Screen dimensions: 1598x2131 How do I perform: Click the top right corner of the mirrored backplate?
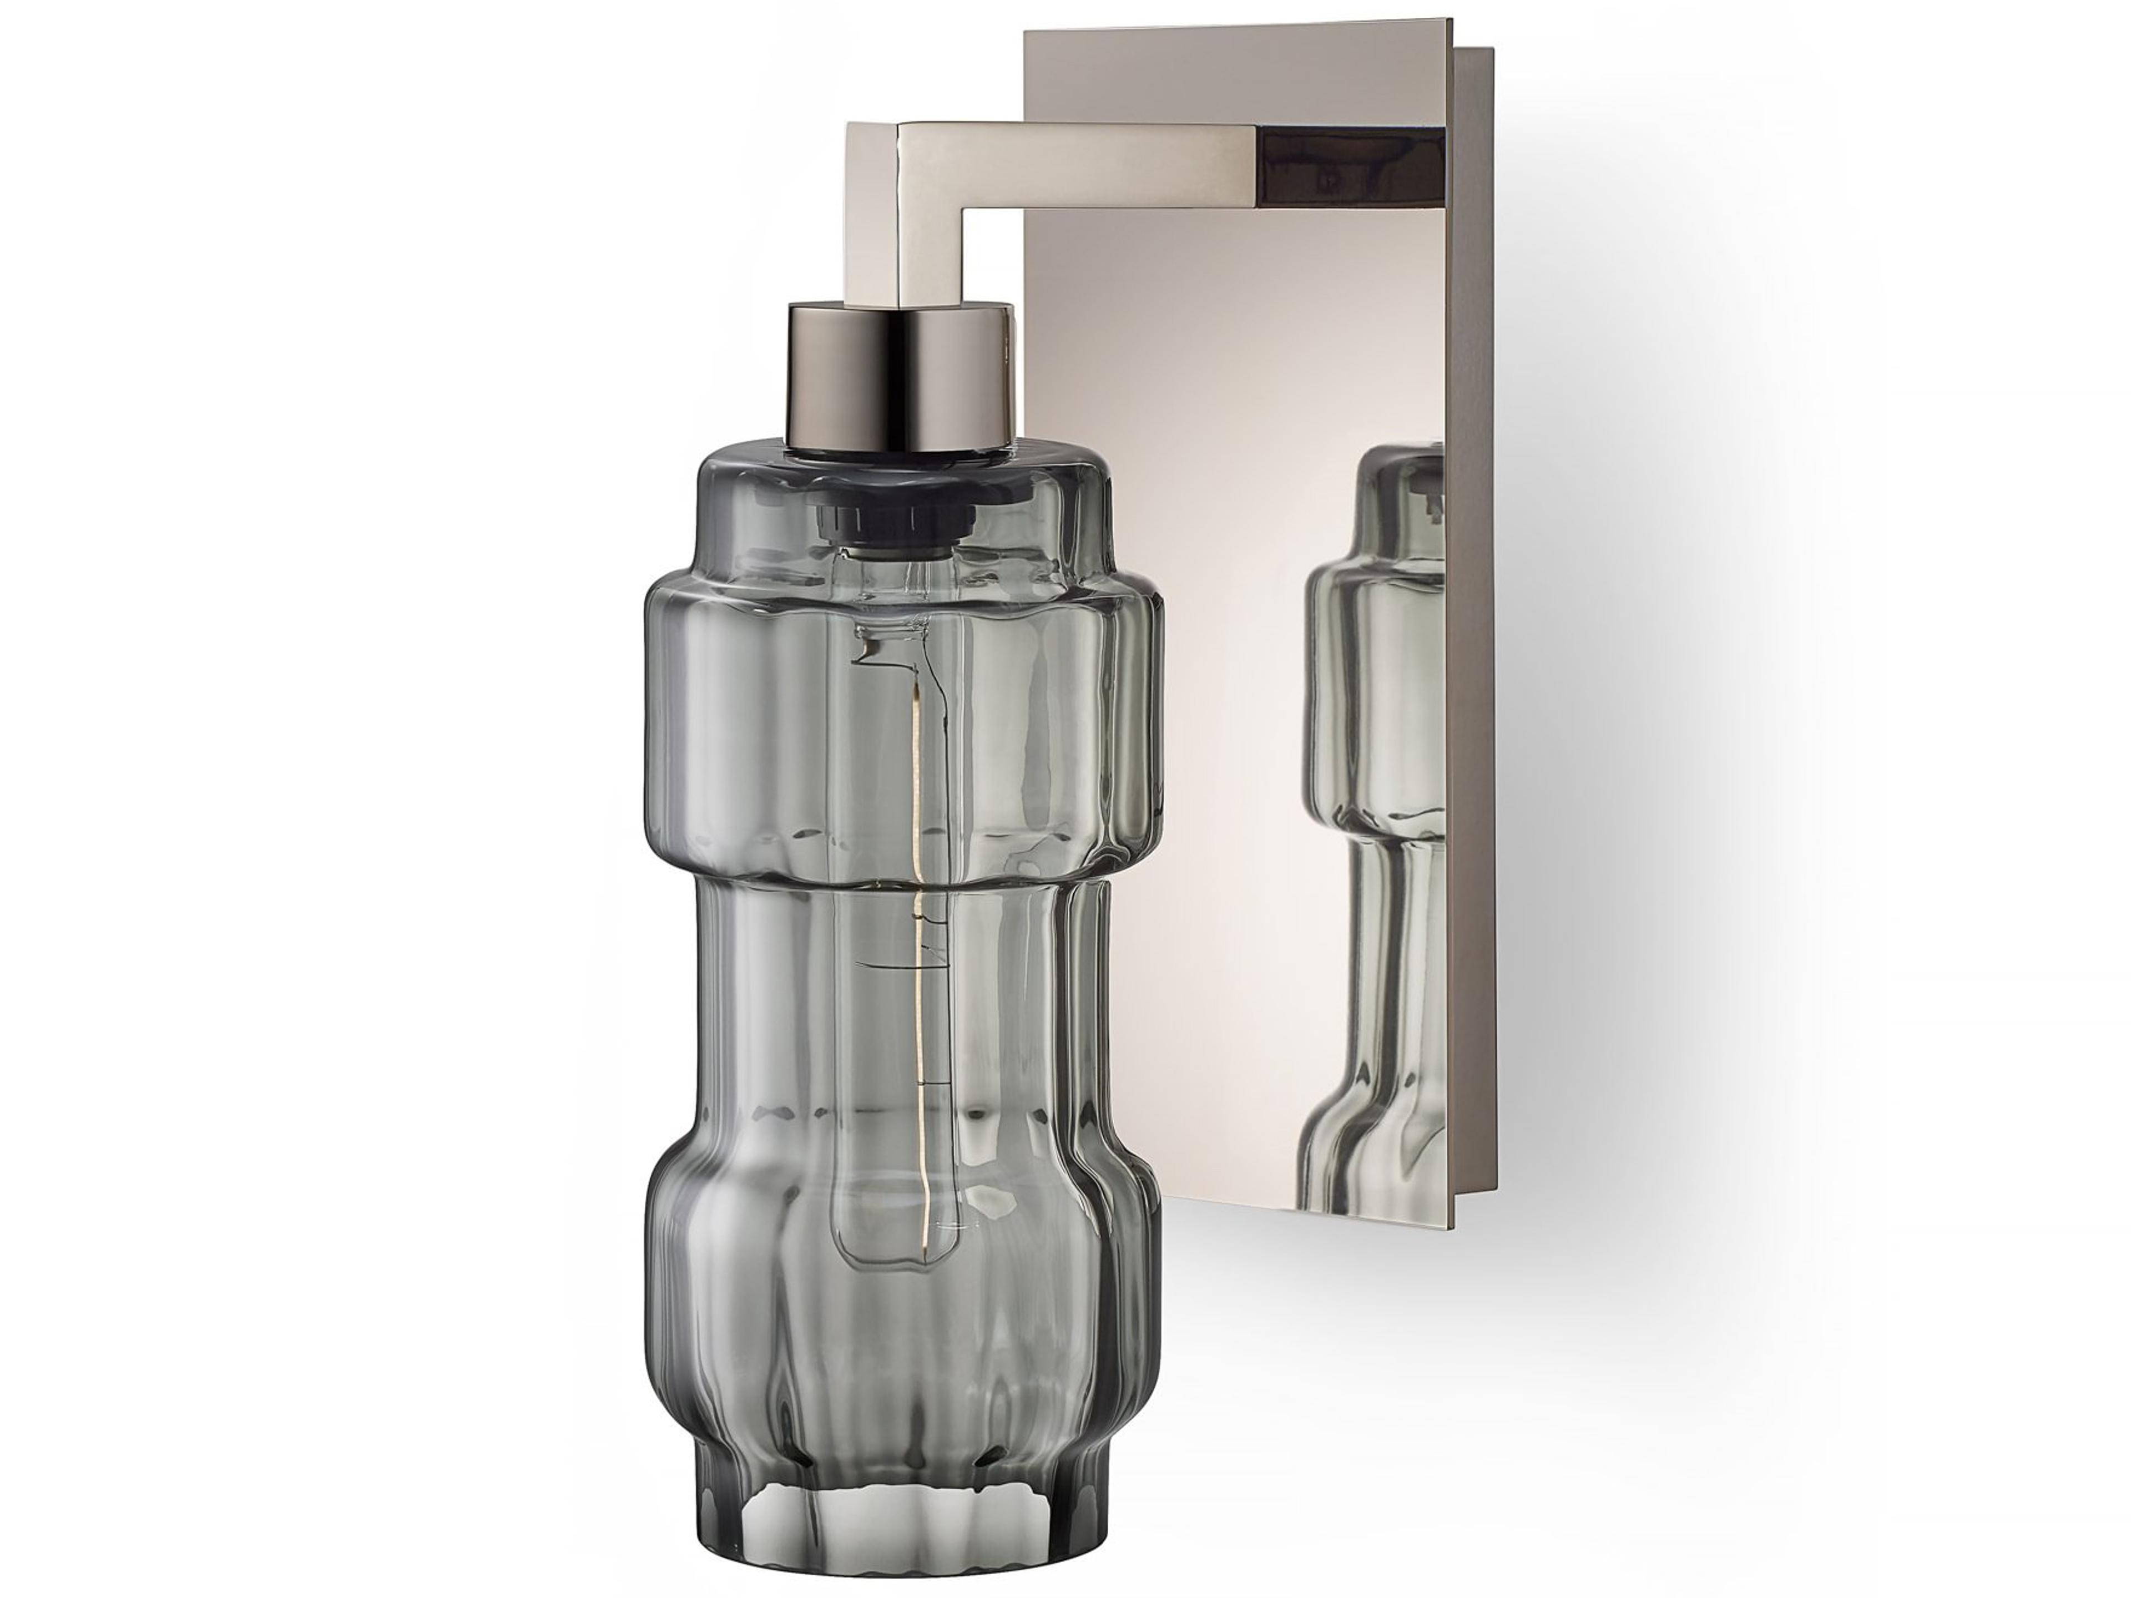[1451, 21]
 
